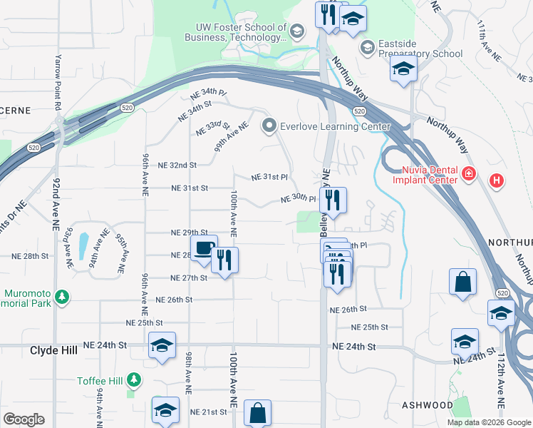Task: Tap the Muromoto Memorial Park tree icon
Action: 62,296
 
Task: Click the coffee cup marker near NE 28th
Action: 204,250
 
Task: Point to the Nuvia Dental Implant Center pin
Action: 468,173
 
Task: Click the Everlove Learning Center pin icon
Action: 269,126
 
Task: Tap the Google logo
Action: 24,419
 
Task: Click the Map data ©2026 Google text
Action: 488,422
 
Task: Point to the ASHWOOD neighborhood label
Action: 427,404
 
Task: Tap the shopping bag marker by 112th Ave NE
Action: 462,282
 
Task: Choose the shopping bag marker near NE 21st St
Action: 257,413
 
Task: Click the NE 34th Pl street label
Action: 207,93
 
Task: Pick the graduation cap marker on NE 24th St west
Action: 162,347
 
